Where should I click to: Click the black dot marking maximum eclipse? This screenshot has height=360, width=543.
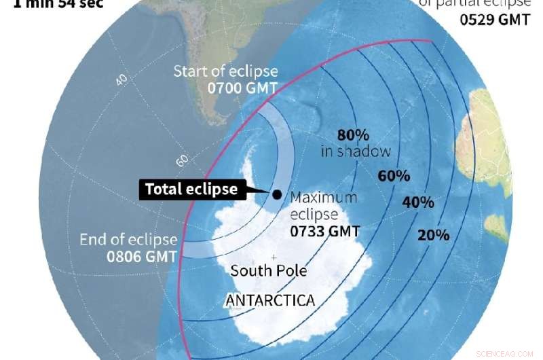tap(277, 195)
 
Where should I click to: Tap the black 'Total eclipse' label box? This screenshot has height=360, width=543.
tap(191, 189)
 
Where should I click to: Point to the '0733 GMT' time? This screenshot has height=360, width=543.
tap(324, 230)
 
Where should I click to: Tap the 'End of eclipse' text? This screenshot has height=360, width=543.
tap(128, 240)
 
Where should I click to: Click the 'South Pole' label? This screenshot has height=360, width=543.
tap(269, 271)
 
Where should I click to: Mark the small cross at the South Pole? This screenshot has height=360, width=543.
tap(273, 257)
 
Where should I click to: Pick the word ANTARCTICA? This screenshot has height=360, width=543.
tap(269, 299)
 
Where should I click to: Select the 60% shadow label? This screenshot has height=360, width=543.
tap(394, 176)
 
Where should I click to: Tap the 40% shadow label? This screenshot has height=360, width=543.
tap(419, 202)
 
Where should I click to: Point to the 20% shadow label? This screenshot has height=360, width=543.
tap(433, 235)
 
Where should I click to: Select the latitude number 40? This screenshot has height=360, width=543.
tap(122, 79)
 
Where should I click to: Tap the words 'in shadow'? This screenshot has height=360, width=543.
tap(356, 151)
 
